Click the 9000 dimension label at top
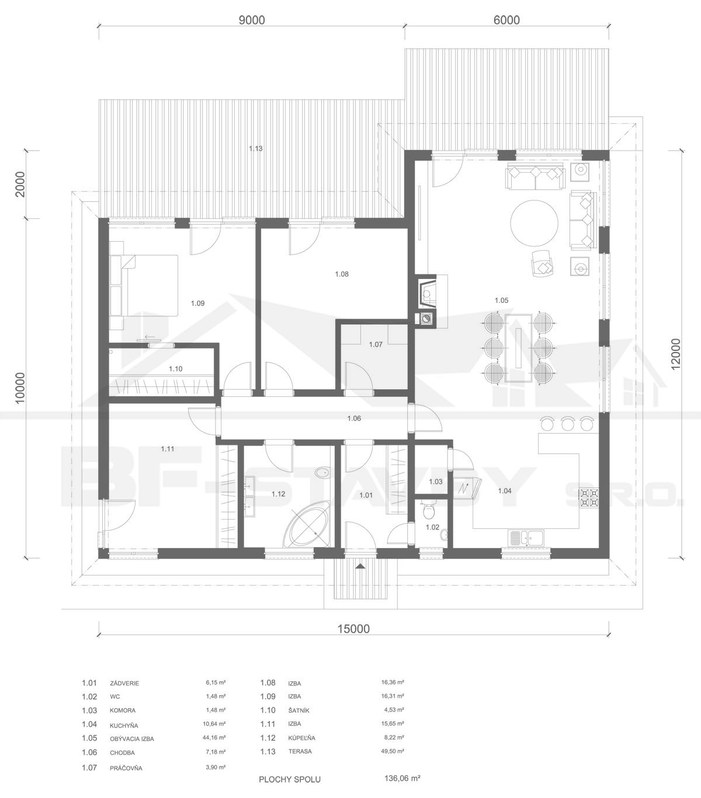coord(252,20)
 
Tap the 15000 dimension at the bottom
coord(353,629)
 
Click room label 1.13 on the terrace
coord(255,148)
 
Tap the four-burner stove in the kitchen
coord(588,497)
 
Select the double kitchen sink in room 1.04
coord(526,537)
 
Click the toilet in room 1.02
coord(428,510)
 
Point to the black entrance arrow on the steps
coord(360,566)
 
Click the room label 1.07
coord(376,344)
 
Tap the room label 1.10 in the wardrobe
coord(175,369)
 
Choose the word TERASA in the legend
coord(300,740)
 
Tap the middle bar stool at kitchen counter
coord(567,423)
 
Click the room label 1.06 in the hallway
coord(354,419)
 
